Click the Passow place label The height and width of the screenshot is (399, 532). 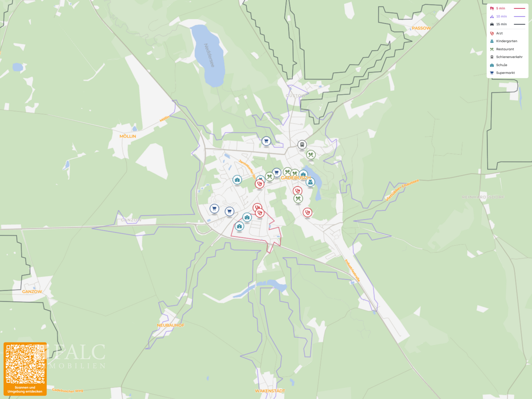click(421, 28)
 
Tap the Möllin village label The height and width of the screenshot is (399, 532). click(128, 136)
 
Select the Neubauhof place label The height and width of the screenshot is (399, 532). click(170, 325)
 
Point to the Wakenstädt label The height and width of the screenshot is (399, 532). click(270, 391)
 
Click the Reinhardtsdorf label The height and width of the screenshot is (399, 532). click(483, 197)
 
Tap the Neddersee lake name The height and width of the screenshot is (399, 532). click(209, 55)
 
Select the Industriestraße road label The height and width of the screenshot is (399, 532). click(352, 270)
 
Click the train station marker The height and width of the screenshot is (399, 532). click(302, 144)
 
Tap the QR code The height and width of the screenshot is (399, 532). click(25, 364)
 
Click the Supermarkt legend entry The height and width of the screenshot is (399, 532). click(505, 73)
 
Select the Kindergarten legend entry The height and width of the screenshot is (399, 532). click(506, 41)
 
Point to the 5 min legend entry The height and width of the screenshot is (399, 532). click(501, 8)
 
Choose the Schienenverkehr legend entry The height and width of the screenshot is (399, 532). click(509, 57)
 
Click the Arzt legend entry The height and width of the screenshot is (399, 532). click(499, 33)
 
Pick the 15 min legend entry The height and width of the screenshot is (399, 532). click(501, 24)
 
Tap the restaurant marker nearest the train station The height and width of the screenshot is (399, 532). click(311, 155)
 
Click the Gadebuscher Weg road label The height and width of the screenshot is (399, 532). click(68, 390)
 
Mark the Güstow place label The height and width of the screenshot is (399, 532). click(296, 96)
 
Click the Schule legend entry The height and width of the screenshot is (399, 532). click(501, 65)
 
